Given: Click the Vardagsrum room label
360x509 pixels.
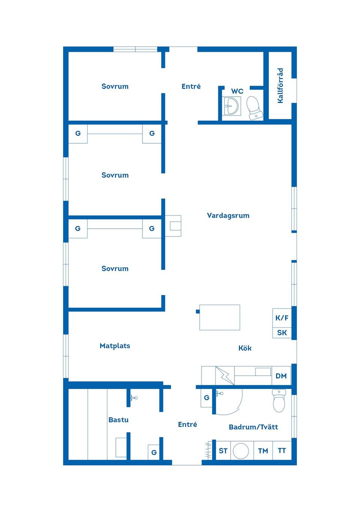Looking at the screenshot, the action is (228, 216).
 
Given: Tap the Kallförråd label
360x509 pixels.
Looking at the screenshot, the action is (280, 86).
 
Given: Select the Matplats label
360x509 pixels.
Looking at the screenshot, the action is (115, 346).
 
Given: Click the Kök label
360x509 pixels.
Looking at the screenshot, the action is (245, 348).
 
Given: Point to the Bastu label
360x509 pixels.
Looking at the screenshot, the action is (118, 420).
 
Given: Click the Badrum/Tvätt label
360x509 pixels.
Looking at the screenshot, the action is (253, 427).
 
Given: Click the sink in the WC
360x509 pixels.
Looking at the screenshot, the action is (232, 106).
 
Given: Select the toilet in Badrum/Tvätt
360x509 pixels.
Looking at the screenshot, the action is (279, 401).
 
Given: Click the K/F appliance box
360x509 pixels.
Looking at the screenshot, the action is (282, 318).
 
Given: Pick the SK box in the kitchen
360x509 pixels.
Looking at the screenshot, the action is (282, 333).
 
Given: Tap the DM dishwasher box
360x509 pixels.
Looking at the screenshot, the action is (281, 376).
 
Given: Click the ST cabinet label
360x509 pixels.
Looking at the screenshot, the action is (223, 451).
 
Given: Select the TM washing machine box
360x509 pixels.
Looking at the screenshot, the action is (263, 451).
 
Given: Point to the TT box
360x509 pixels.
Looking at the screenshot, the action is (282, 451).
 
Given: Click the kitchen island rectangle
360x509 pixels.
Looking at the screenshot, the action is (219, 317).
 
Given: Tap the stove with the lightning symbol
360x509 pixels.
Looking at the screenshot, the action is (225, 376).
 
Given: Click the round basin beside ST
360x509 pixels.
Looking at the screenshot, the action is (241, 451).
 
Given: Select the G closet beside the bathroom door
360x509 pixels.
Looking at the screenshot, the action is (206, 398).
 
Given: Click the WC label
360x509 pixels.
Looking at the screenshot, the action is (237, 91).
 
